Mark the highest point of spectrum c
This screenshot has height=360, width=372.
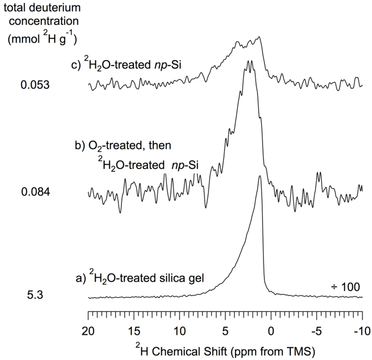259,37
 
